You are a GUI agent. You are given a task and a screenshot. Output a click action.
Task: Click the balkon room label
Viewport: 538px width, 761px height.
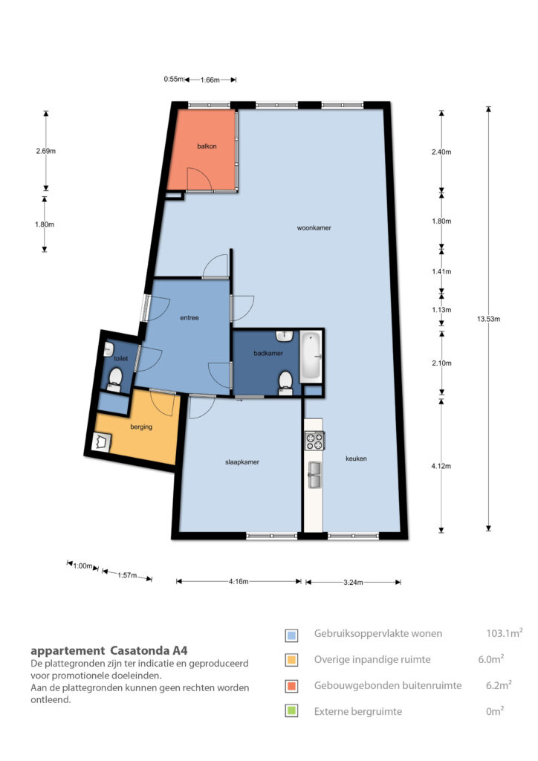[x=207, y=146]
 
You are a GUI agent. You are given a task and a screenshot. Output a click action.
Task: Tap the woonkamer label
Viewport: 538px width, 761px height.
[x=314, y=227]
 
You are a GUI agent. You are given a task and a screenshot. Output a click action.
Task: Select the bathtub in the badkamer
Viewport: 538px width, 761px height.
[x=311, y=357]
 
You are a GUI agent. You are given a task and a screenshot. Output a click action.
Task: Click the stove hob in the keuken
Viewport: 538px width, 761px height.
[x=314, y=441]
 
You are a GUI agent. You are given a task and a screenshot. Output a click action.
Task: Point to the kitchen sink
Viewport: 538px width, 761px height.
[x=314, y=475]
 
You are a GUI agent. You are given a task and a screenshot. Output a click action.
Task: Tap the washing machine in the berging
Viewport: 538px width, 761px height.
[x=101, y=443]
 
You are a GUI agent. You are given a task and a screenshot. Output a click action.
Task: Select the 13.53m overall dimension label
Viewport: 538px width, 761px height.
[x=488, y=319]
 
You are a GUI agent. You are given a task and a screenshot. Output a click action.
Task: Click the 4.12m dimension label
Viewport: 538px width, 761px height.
[x=441, y=466]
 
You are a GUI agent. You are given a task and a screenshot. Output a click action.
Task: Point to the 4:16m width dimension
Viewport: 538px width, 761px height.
[x=239, y=581]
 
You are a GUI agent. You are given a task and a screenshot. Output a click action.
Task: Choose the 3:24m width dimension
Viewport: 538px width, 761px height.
[x=353, y=583]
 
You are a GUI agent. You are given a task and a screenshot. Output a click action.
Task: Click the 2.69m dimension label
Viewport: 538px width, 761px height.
[x=45, y=151]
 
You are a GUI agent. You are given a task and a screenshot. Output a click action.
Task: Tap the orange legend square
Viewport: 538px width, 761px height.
[x=291, y=686]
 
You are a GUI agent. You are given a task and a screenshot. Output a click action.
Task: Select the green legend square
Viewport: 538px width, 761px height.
[x=291, y=711]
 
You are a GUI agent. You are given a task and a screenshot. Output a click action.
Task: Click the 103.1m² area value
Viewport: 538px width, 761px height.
[x=505, y=633]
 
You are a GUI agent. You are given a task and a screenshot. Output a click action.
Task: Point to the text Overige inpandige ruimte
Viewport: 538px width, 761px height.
[x=372, y=660]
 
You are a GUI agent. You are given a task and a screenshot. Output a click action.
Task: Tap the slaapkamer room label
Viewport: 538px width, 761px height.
[x=242, y=462]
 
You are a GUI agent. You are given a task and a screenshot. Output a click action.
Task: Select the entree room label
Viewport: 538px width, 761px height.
[x=189, y=318]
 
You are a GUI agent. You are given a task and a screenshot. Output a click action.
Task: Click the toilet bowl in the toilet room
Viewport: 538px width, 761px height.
[x=115, y=378]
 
